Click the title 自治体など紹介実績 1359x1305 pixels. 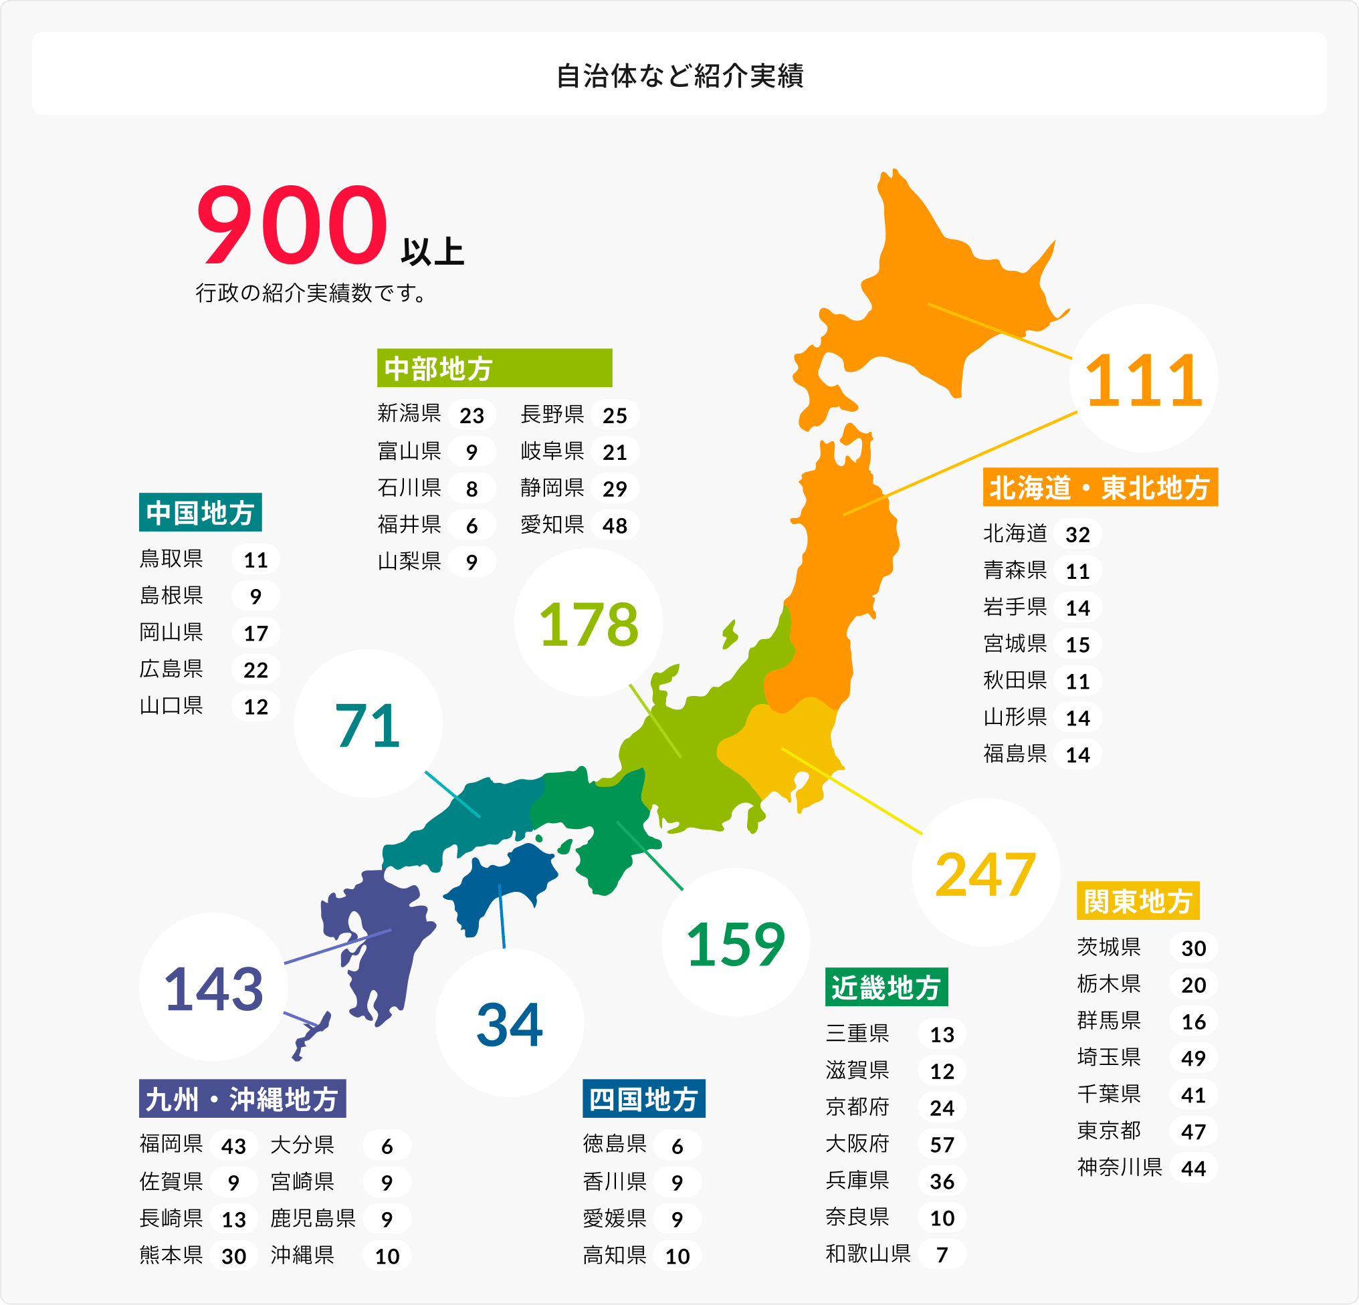[679, 76]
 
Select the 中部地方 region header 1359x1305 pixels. [494, 368]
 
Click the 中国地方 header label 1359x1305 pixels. [201, 512]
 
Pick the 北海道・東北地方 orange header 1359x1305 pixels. [1100, 487]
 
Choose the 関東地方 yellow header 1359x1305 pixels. [1138, 901]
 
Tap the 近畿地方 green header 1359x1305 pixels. [886, 987]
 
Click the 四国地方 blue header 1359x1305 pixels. [643, 1098]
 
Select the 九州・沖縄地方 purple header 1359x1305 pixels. [242, 1098]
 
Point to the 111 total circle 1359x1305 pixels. [1144, 379]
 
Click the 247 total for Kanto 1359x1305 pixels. [985, 873]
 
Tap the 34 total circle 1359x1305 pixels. [510, 1023]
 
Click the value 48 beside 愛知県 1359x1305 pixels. [615, 525]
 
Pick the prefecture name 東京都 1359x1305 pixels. [1109, 1131]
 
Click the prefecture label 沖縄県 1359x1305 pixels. [302, 1254]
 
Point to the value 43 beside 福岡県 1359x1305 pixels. [233, 1146]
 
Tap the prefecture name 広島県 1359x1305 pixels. [171, 669]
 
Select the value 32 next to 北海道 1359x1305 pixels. [1077, 534]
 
